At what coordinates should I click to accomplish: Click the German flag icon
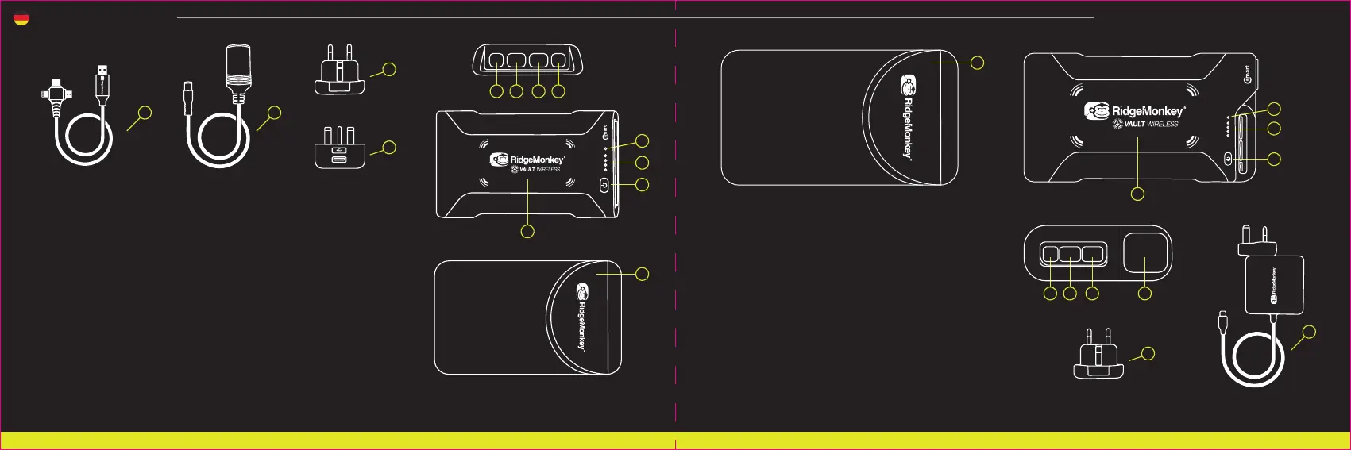click(21, 19)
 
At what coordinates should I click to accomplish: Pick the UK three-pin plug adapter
click(340, 148)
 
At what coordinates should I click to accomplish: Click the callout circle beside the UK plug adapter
click(389, 147)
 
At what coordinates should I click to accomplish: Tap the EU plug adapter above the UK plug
click(340, 72)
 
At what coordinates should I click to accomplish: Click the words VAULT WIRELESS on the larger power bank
click(1151, 125)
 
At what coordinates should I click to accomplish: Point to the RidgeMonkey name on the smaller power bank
click(538, 160)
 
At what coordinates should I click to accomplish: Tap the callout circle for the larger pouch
click(978, 62)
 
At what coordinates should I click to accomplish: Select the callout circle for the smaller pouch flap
click(643, 274)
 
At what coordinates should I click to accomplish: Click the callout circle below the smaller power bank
click(527, 231)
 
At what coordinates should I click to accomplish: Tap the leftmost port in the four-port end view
click(496, 60)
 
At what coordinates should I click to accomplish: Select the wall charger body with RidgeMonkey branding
click(1274, 284)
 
